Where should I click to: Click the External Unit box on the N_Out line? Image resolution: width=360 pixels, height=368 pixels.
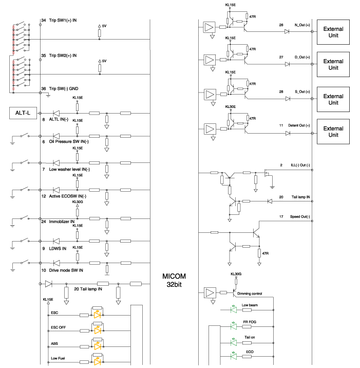click(333, 31)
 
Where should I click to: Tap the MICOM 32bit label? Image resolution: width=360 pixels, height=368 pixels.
click(175, 280)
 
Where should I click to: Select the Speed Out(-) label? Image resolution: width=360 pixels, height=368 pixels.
click(300, 216)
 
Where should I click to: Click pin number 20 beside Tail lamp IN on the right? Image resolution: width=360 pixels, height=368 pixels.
click(281, 196)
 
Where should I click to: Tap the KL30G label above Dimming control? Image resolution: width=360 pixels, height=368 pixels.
click(236, 274)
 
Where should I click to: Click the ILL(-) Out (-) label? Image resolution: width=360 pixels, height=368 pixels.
click(301, 165)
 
